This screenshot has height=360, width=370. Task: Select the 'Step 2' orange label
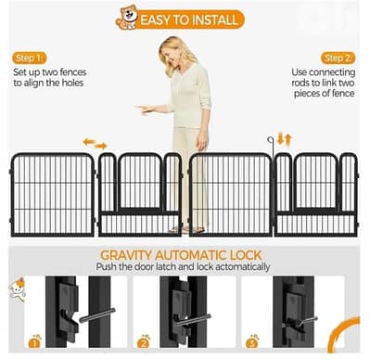[338, 58]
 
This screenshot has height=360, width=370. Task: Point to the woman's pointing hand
[141, 109]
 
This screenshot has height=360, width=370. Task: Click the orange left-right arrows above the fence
[95, 144]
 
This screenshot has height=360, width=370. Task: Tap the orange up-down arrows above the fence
[286, 138]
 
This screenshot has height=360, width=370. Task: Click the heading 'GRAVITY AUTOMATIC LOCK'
[193, 254]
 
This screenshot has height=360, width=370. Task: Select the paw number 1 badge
[35, 341]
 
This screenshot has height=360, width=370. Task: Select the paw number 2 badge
[144, 341]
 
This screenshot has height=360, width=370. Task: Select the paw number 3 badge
[253, 341]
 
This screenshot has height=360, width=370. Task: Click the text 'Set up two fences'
[45, 71]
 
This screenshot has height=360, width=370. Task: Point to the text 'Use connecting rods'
[324, 71]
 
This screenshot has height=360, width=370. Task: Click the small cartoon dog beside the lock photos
[18, 289]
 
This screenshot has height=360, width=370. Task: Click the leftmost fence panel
[52, 194]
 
